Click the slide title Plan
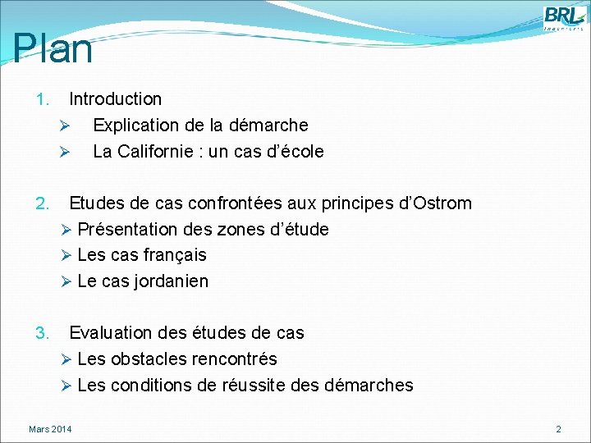53,48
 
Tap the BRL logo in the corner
563,17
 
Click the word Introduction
115,99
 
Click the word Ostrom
443,203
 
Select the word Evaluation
111,333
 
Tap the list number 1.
43,100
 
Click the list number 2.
43,203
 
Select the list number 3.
43,333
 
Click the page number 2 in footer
558,429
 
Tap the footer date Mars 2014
50,429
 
